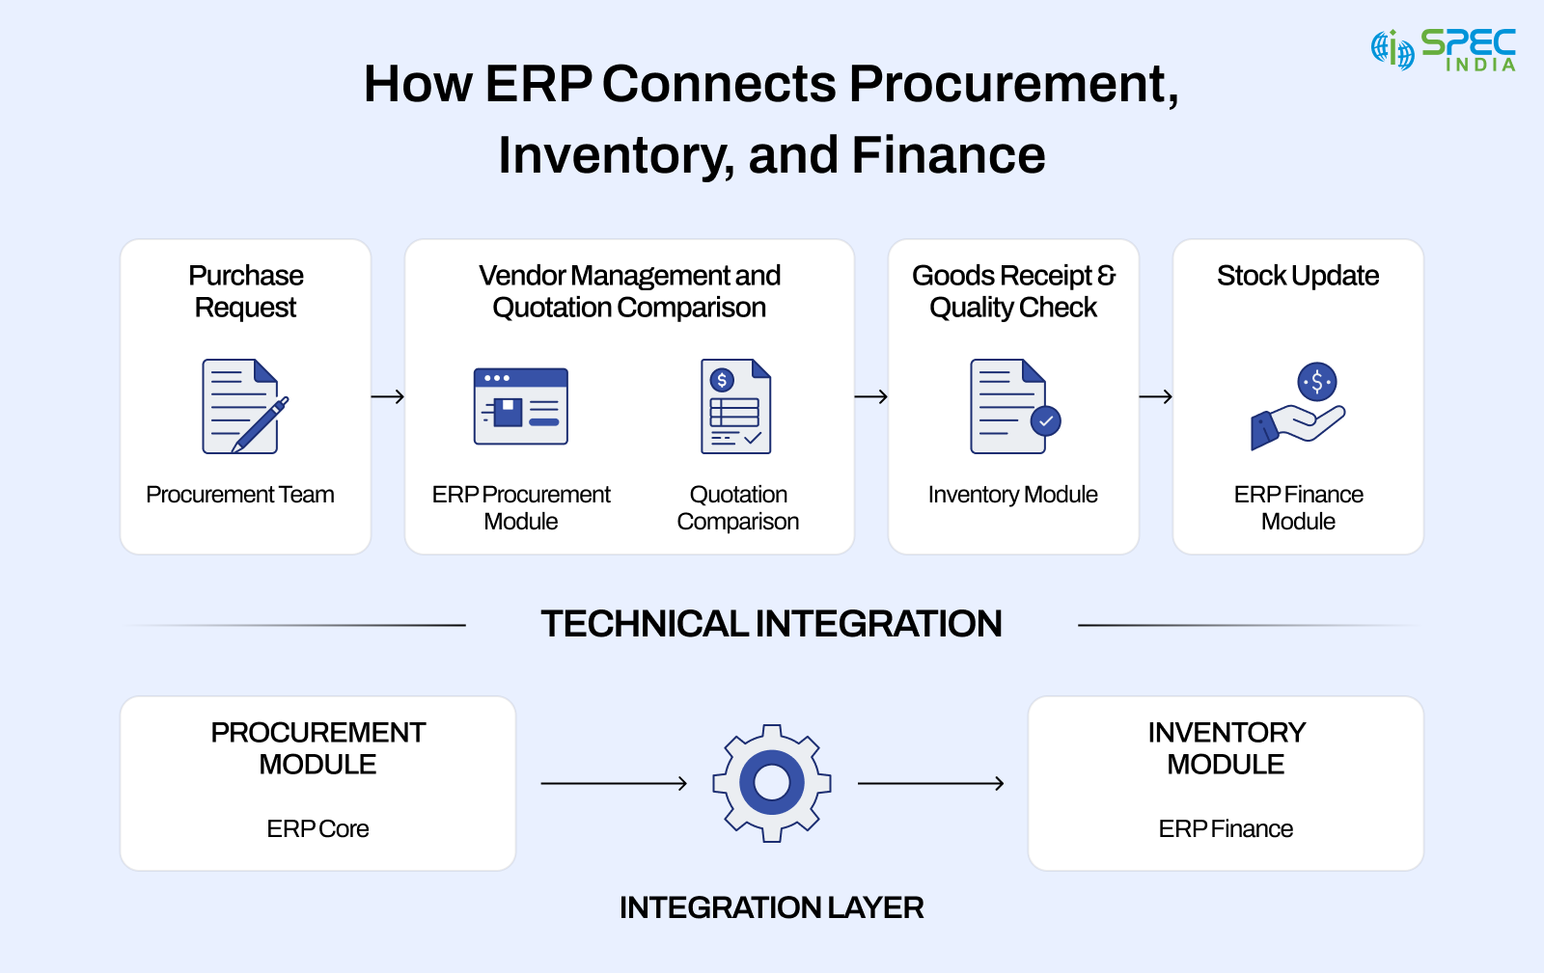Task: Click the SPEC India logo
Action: pos(1443,49)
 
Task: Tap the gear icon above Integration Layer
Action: pos(771,783)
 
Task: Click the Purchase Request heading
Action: pos(245,291)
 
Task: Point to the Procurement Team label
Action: pos(239,495)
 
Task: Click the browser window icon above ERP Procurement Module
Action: pos(521,406)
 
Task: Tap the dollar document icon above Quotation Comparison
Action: pos(735,406)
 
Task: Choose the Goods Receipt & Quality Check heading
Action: pos(1013,291)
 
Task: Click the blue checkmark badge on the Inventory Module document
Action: pos(1045,421)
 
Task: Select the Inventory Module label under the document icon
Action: pos(1012,495)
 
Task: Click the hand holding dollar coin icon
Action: pos(1298,406)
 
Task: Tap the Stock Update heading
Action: pos(1297,276)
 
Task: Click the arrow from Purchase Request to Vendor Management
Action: pos(388,396)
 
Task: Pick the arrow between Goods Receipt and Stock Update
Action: pos(1155,396)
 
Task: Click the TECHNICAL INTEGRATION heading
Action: pos(771,624)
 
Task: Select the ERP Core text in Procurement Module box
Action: pos(317,829)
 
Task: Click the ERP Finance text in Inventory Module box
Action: pos(1226,829)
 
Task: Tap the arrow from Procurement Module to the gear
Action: pos(614,784)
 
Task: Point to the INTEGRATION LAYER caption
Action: pos(771,907)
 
